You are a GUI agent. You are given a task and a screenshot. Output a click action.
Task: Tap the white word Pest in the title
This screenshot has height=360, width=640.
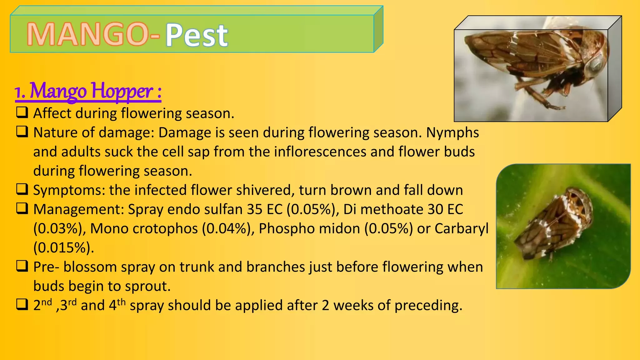coord(197,35)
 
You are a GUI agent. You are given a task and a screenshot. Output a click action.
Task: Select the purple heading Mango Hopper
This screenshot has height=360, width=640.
coord(88,91)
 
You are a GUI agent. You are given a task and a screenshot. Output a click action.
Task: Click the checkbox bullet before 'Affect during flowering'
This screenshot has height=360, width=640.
coord(22,112)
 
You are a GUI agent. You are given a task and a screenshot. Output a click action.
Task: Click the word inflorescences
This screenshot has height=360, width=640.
coord(320,152)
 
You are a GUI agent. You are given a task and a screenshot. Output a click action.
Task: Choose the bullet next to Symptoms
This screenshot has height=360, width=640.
coord(22,189)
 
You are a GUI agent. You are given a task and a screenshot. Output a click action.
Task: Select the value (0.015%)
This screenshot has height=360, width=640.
coord(64,248)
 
